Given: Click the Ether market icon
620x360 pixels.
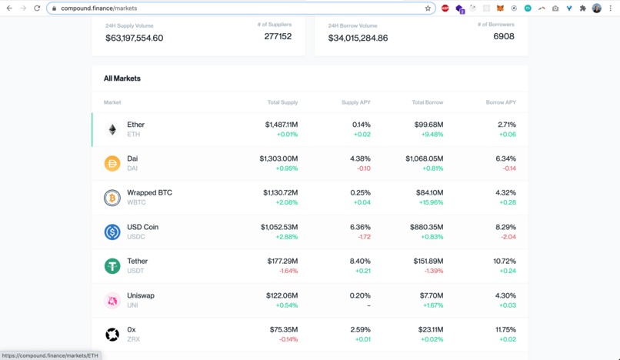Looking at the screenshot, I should (112, 129).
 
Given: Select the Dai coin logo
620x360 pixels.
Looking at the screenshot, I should (112, 163).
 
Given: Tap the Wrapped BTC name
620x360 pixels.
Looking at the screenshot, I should (149, 193).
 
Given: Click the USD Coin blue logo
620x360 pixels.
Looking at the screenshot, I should (112, 232).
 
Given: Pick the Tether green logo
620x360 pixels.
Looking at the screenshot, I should (112, 266).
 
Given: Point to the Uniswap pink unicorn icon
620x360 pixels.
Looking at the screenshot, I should (112, 301).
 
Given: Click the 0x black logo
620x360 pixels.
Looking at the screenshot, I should (112, 335).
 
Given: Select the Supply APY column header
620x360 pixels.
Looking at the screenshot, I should (355, 102).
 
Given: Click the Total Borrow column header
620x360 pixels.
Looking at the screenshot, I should (427, 102).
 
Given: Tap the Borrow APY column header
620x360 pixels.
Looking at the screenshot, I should (501, 102).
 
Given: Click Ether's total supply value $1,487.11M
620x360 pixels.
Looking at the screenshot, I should (281, 125).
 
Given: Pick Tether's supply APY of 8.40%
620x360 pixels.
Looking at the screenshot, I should (360, 262).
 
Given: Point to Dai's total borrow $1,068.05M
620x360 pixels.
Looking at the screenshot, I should (424, 158).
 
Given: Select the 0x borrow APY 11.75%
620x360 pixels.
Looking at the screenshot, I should (505, 330).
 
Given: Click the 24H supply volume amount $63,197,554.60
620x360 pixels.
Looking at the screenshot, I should (135, 38).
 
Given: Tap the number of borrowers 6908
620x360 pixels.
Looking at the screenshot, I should (503, 36).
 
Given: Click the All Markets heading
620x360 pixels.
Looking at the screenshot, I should (122, 78).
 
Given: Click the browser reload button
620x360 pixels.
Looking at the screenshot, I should (37, 8).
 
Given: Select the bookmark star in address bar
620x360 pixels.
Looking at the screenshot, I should (428, 8).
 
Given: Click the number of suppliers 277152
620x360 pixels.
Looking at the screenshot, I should (278, 36).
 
